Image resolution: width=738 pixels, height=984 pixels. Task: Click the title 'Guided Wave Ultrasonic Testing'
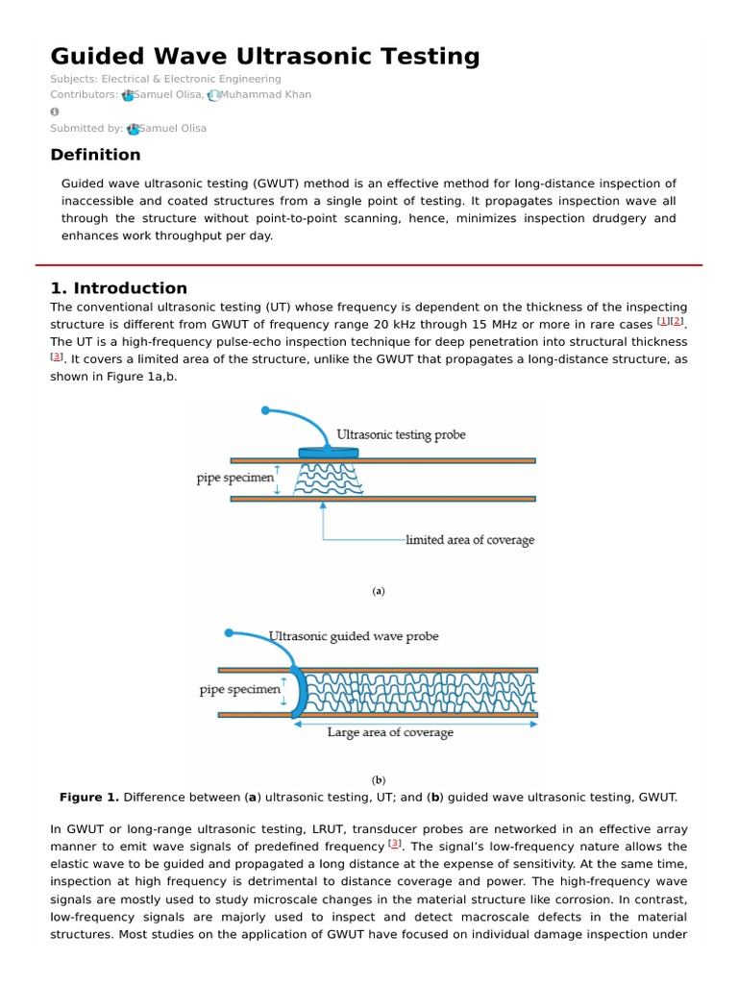(x=264, y=57)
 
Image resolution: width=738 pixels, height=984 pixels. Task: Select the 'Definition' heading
(x=95, y=155)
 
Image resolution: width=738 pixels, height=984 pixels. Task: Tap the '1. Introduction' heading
(x=118, y=288)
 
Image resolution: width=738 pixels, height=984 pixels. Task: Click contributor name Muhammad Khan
(x=264, y=95)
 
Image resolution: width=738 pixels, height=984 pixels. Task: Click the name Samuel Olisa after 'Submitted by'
(x=172, y=129)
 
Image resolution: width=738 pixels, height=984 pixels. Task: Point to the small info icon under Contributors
(x=55, y=111)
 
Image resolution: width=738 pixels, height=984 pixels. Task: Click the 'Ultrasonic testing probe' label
(x=401, y=435)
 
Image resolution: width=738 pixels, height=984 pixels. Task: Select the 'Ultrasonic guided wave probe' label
(x=355, y=636)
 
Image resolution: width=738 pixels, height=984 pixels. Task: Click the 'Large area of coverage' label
(x=390, y=732)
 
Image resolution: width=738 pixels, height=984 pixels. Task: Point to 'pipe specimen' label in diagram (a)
(x=235, y=478)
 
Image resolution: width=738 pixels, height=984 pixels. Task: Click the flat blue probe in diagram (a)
(x=328, y=453)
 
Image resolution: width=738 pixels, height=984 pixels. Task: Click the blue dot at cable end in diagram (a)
(x=265, y=410)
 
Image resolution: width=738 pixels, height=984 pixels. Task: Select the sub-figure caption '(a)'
(x=379, y=591)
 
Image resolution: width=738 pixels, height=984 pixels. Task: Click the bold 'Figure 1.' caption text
(x=89, y=798)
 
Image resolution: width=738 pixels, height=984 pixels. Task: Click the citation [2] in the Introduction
(x=677, y=321)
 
